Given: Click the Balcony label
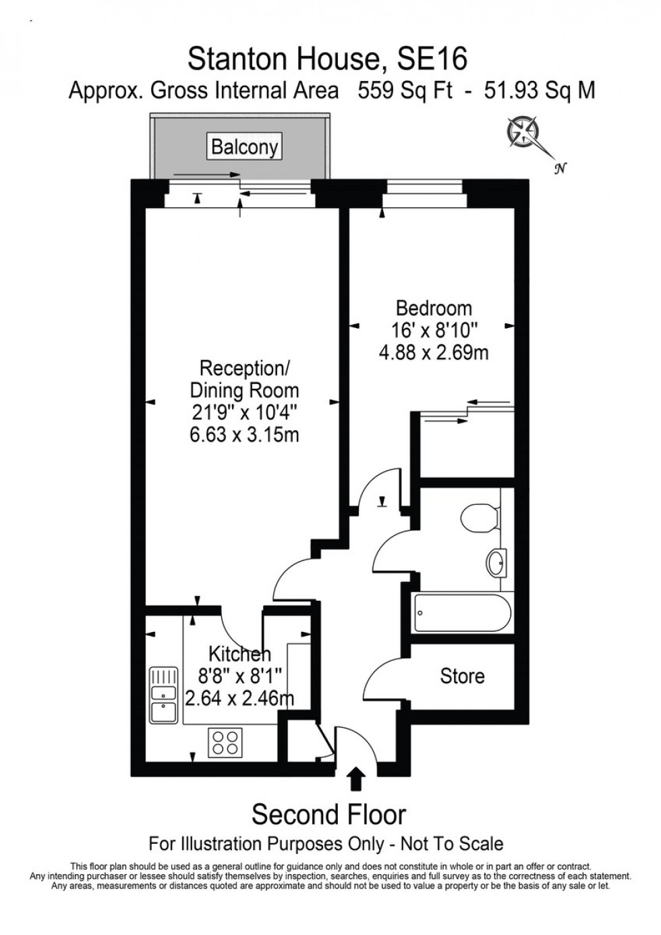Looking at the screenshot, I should tap(243, 146).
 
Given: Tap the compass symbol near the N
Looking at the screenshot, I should tap(523, 131).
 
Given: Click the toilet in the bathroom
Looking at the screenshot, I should tap(478, 518).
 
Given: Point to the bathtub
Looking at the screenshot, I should tap(463, 612).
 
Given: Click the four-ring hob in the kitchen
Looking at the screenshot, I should tap(226, 742).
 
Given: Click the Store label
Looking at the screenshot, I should tap(462, 676).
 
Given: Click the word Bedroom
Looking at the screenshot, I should tap(434, 309).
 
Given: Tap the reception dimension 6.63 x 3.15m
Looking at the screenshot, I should tap(244, 434).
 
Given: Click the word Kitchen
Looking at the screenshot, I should tap(239, 653).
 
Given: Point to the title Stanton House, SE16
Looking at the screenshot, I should tap(327, 59).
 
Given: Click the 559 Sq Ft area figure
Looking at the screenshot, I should tap(405, 90).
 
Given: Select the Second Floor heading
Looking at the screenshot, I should tap(328, 815).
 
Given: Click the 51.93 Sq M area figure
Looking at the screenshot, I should tap(540, 90).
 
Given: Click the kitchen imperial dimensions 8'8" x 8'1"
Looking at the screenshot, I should tap(239, 675).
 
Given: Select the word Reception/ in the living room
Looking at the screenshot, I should tap(244, 369).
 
